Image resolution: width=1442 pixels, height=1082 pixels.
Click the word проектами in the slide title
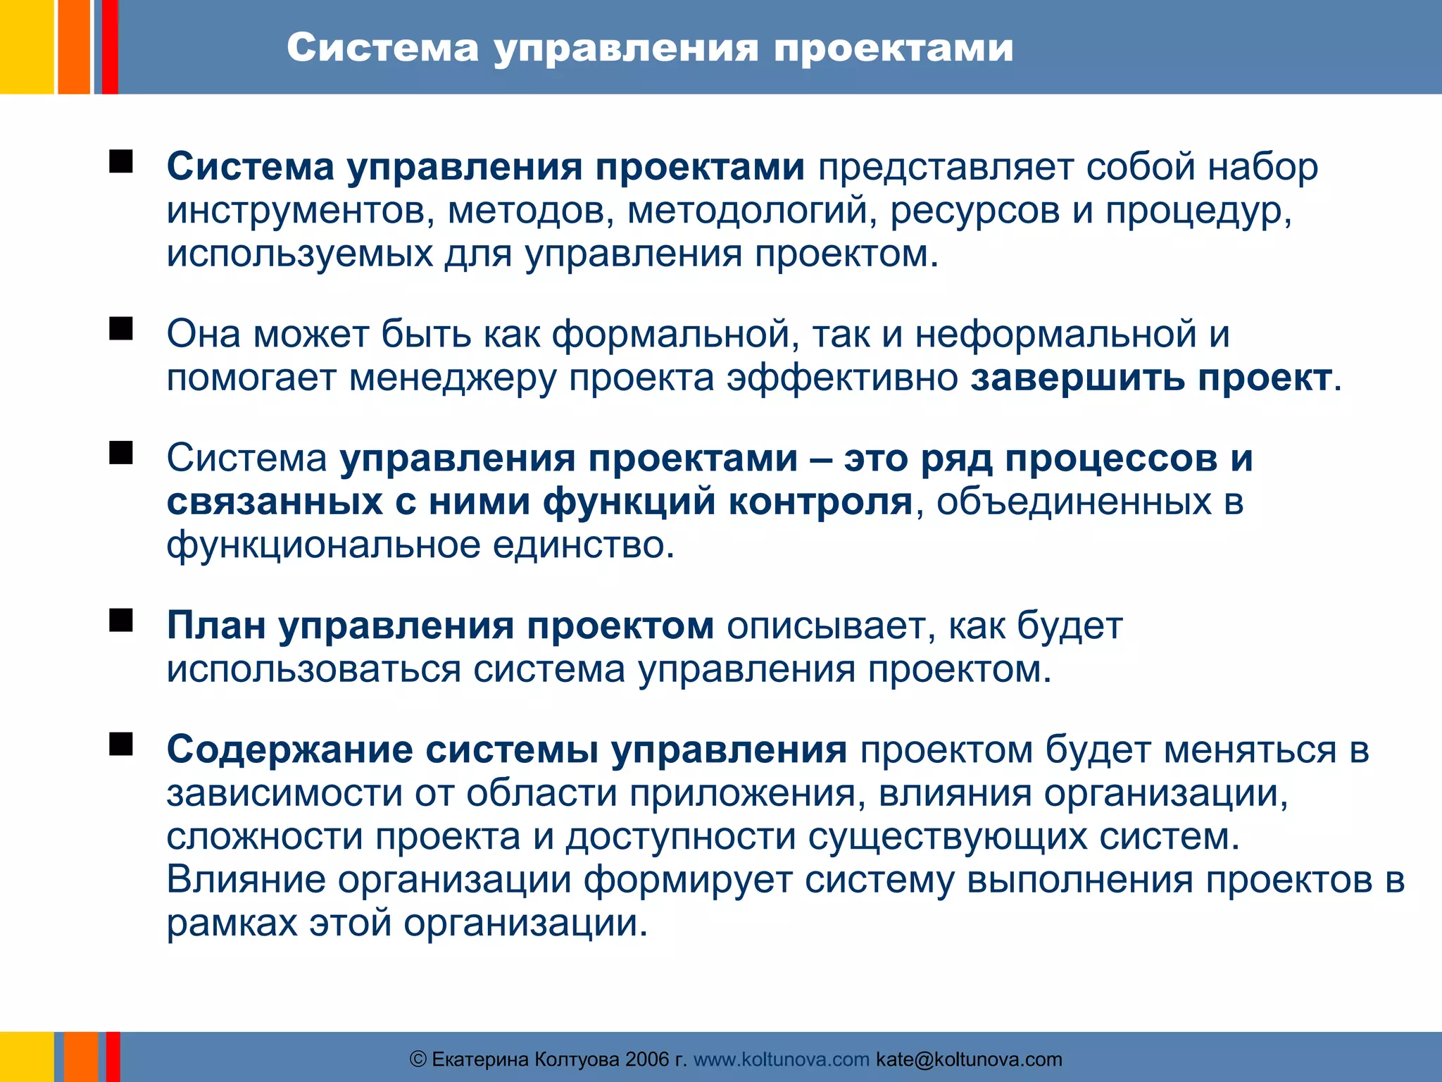pyautogui.click(x=894, y=49)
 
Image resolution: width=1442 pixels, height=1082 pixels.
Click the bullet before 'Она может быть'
pyautogui.click(x=121, y=328)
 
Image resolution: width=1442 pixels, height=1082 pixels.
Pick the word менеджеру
pyautogui.click(x=452, y=378)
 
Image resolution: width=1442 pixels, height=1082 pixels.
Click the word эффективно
pyautogui.click(x=842, y=378)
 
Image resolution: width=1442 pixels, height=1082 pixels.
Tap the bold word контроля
pyautogui.click(x=820, y=502)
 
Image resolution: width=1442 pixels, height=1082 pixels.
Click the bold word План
pyautogui.click(x=216, y=626)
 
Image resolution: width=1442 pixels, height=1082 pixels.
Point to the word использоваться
pyautogui.click(x=313, y=669)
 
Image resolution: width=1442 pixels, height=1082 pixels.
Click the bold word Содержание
pyautogui.click(x=289, y=750)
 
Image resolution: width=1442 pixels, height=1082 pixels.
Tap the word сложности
pyautogui.click(x=264, y=837)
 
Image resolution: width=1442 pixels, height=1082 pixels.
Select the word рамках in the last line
pyautogui.click(x=232, y=924)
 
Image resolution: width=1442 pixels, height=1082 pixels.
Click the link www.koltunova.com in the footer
pyautogui.click(x=781, y=1059)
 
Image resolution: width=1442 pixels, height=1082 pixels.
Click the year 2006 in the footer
pyautogui.click(x=647, y=1059)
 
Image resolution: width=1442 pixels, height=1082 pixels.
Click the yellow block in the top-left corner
pyautogui.click(x=26, y=46)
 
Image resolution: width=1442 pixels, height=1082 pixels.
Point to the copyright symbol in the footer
pyautogui.click(x=418, y=1059)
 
